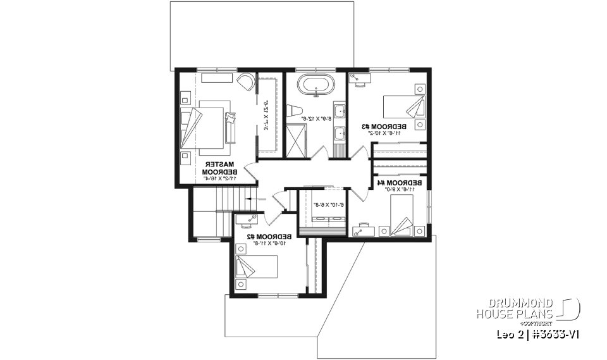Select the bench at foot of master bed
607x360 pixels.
230,125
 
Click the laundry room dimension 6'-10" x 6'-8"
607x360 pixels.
328,204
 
